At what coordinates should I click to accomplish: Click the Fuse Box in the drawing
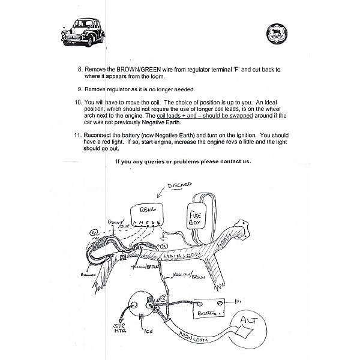coord(199,217)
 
